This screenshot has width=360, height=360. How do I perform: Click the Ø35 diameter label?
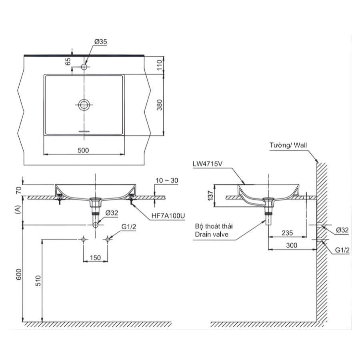coord(100,42)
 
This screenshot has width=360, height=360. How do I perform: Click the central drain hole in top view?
coord(84,105)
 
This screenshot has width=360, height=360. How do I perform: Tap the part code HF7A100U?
coord(168,216)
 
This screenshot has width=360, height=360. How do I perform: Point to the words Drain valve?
coord(212,235)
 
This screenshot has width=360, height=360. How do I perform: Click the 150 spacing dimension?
coord(95,258)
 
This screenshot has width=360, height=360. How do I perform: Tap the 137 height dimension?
coord(210,195)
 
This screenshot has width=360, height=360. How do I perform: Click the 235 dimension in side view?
coord(288,232)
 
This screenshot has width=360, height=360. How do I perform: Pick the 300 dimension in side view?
coord(292,245)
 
